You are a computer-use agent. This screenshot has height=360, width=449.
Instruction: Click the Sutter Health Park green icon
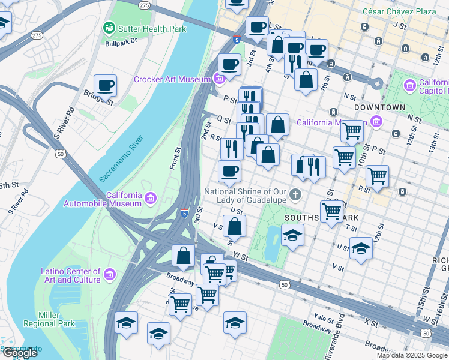(x=109, y=28)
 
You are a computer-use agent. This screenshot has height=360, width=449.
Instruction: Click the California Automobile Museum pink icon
(x=150, y=198)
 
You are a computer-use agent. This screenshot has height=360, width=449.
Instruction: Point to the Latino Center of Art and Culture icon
(x=109, y=274)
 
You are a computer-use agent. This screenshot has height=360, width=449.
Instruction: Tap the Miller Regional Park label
(x=49, y=319)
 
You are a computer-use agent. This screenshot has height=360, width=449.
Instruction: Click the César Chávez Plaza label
(x=399, y=11)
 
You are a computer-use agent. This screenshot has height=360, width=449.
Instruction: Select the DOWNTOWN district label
(x=379, y=107)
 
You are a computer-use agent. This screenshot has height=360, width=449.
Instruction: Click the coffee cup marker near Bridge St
(x=106, y=86)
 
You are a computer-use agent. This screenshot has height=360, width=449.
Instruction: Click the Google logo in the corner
(x=19, y=353)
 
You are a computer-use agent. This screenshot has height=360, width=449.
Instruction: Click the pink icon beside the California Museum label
(x=376, y=123)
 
